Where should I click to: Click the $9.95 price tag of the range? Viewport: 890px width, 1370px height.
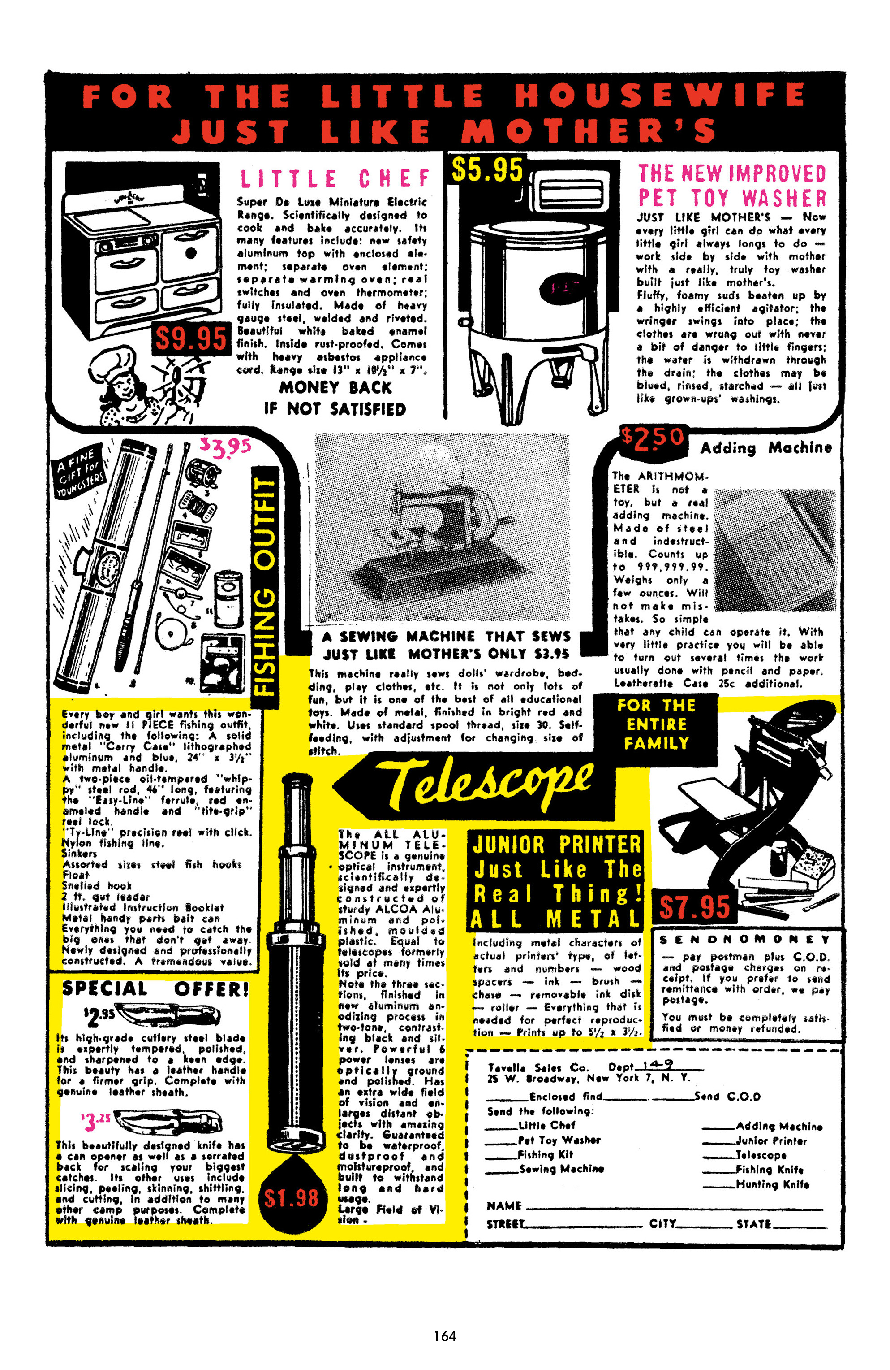(x=190, y=338)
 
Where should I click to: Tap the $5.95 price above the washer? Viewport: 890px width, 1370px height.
(x=487, y=170)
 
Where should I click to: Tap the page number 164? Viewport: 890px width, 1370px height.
(x=445, y=1335)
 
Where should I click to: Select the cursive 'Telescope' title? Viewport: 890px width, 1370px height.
(x=489, y=781)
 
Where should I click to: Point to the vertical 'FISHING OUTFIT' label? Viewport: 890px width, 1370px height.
(x=266, y=585)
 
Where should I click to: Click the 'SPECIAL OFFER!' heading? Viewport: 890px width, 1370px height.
(x=155, y=989)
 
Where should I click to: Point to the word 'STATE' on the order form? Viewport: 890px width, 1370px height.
(x=754, y=1224)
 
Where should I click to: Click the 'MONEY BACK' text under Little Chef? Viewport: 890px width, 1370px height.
(x=335, y=387)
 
